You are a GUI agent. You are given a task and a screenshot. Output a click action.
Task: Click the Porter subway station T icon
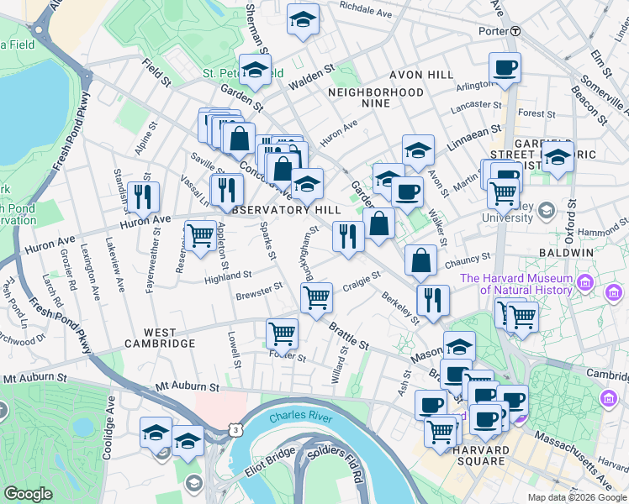515,31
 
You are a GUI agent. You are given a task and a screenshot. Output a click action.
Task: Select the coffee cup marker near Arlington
505,68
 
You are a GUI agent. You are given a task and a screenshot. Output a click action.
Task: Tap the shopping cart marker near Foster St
282,333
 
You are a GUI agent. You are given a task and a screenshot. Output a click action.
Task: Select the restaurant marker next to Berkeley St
433,301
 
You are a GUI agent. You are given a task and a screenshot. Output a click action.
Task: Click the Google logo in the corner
28,494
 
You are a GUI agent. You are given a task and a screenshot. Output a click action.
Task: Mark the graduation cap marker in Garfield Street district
558,156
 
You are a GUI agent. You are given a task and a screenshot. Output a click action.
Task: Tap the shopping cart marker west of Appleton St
200,235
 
